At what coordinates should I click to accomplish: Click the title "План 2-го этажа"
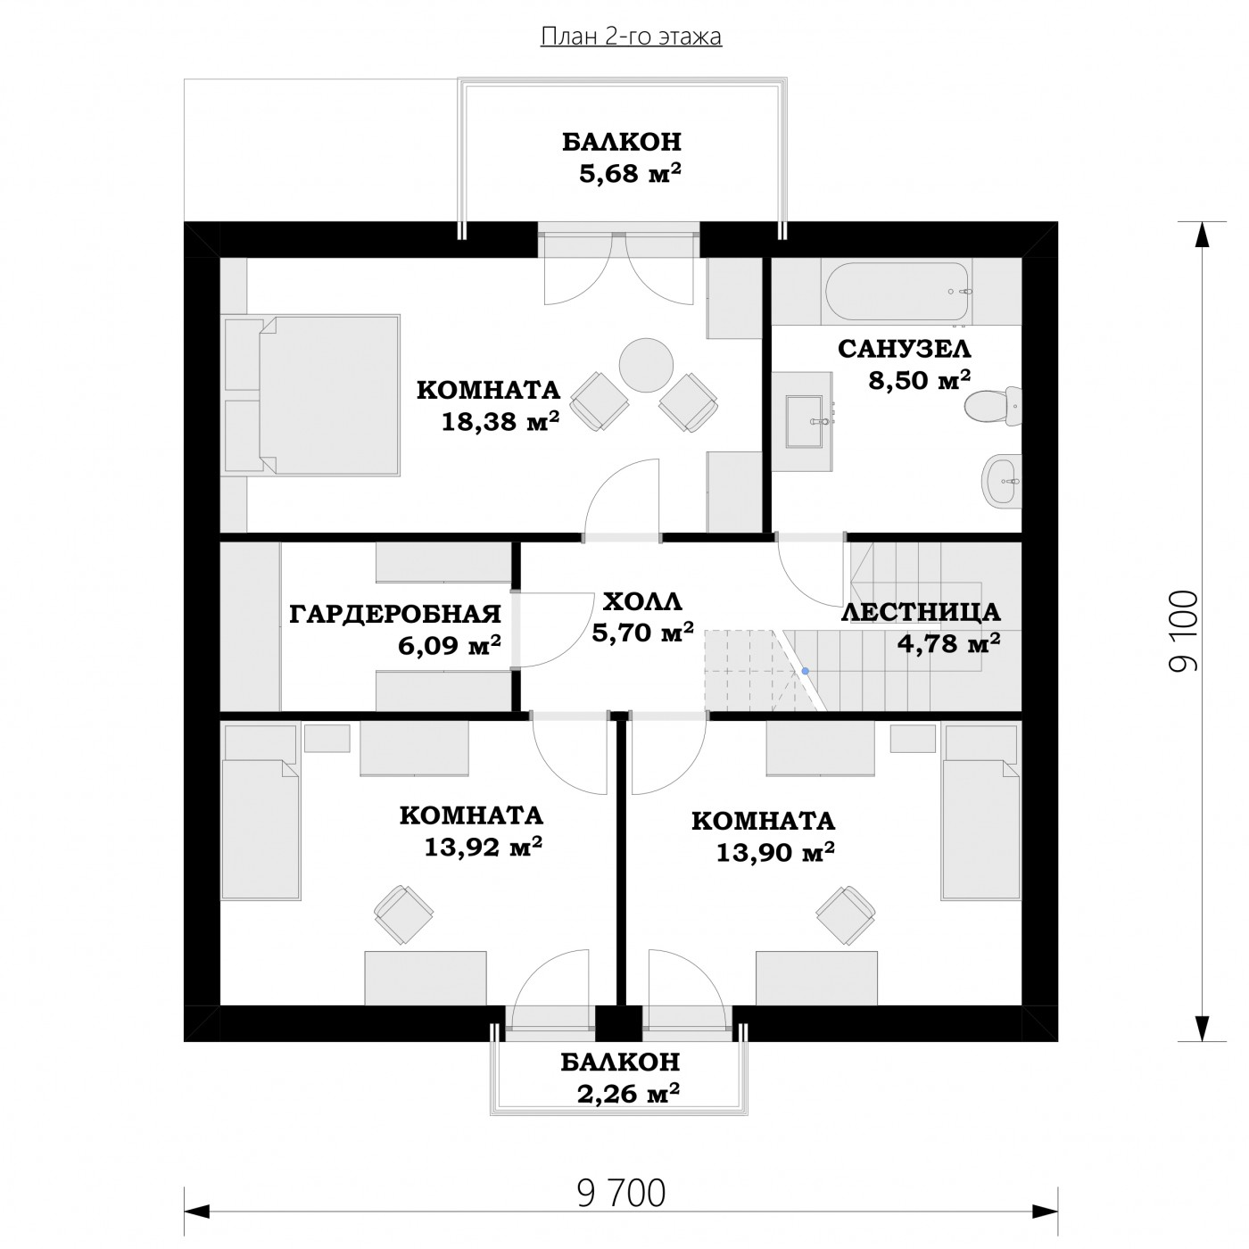pos(631,37)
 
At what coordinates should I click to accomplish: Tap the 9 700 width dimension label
pos(621,1194)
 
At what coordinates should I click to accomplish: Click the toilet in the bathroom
pos(992,407)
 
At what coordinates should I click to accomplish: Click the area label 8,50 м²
pos(919,380)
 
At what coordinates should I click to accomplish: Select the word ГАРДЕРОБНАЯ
pos(394,613)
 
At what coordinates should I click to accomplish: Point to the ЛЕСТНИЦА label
pos(921,612)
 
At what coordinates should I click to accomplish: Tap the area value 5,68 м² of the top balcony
pos(630,174)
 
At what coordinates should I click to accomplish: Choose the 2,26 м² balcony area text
pos(627,1094)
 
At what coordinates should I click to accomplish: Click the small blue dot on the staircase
pos(805,671)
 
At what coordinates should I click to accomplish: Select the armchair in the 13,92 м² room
pos(403,914)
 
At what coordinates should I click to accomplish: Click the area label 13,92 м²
pos(483,847)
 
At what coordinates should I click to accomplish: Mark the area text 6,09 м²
pos(449,645)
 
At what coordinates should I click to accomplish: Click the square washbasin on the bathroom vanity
pos(805,422)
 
